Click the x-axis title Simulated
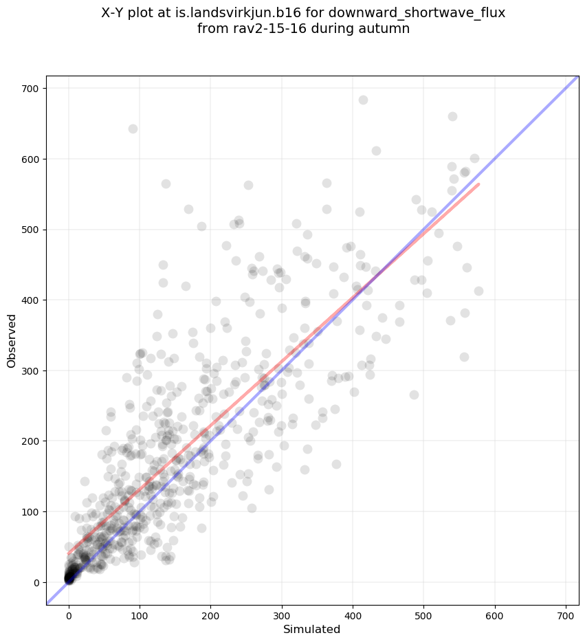[313, 629]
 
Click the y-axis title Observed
[12, 340]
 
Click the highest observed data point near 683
[363, 100]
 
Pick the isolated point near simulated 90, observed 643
[133, 129]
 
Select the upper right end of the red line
[478, 184]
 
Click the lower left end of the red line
[68, 554]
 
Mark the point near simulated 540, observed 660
[452, 116]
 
